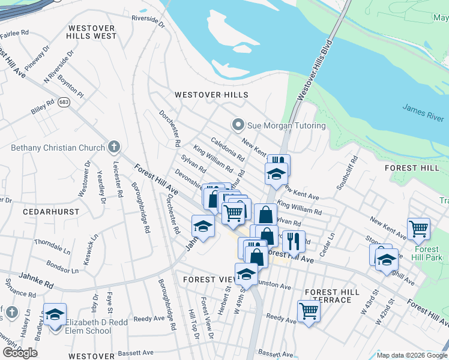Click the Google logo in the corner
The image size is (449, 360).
pos(20,353)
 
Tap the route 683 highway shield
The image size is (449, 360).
pos(64,104)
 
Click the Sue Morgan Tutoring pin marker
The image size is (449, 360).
pos(238,125)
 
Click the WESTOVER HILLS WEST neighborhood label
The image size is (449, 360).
pos(92,32)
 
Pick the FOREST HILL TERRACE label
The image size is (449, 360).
pos(333,296)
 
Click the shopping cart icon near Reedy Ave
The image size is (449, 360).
pos(309,311)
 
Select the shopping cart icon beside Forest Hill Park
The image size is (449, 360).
pos(418,228)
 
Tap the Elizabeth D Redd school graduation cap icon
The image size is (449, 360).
pos(55,314)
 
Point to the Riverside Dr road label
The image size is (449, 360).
pos(148,22)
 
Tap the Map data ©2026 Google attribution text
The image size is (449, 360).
pos(412,355)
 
